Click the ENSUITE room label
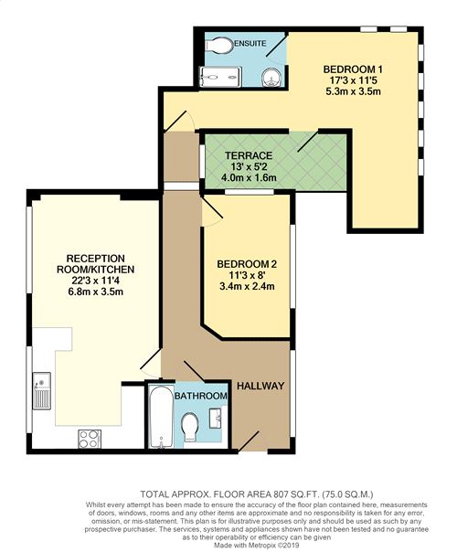coord(250,44)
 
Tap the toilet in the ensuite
coord(219,46)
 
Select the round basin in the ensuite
coord(271,77)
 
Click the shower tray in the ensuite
coord(221,77)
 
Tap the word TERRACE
coord(249,155)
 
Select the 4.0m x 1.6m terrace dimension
coord(249,178)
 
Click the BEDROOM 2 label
coord(247,264)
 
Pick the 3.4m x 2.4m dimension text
coord(247,286)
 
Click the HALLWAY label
coord(260,386)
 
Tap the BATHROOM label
coord(201,396)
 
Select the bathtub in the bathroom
coord(161,417)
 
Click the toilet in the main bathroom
coord(190,427)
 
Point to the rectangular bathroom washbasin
coord(216,418)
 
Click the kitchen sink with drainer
coord(41,391)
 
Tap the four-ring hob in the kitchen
coord(90,439)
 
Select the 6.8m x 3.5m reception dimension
coord(96,292)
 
